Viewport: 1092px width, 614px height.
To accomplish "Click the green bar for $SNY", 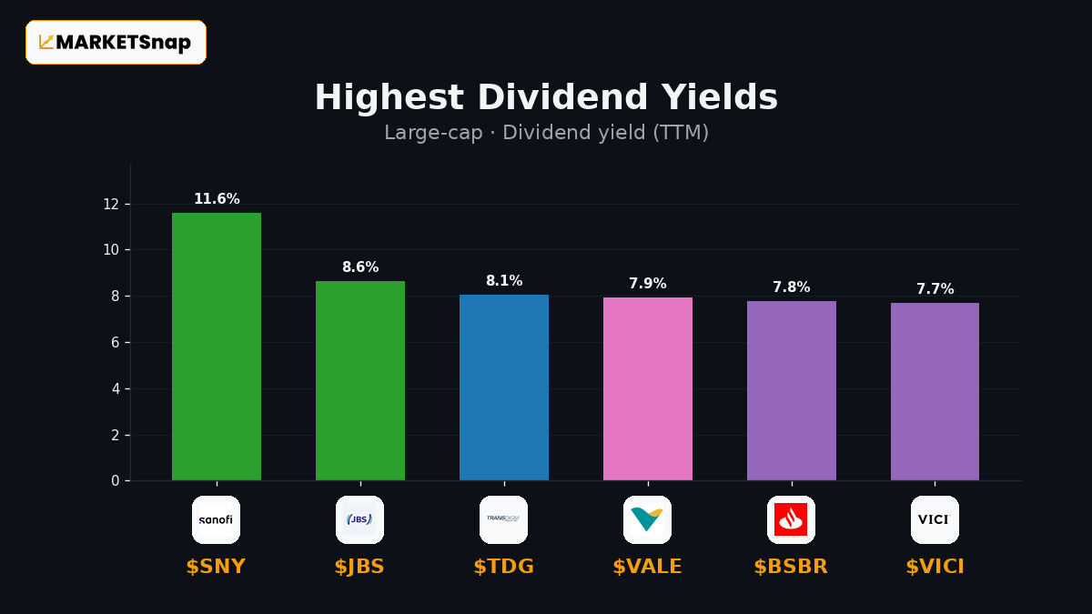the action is coord(217,347).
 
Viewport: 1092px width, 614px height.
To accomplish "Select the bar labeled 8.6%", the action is coord(360,380).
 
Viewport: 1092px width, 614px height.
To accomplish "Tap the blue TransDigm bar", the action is coord(504,388).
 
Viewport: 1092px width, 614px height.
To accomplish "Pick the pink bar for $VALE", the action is coord(648,389).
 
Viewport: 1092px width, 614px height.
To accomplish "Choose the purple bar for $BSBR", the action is coord(792,391).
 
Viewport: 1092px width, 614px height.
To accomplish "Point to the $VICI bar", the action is coord(935,392).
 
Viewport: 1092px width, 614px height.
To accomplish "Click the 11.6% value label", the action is coord(217,199).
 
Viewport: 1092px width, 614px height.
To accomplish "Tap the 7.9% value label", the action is coord(648,283).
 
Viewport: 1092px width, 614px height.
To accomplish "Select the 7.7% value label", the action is coord(935,289).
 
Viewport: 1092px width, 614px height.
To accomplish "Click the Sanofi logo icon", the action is coord(216,520).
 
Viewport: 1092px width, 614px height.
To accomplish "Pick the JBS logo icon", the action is coord(359,520).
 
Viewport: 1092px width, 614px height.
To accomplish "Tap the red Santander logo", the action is coord(791,520).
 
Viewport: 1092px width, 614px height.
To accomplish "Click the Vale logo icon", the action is coord(647,520).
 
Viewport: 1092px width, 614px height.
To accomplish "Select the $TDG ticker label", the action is coord(504,567).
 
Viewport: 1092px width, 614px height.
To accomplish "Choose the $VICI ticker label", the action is coord(935,567).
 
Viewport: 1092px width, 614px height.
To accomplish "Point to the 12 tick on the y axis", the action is coord(111,204).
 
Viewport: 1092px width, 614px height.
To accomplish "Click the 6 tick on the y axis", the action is coord(115,343).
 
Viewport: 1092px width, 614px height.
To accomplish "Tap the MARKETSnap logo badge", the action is coord(116,43).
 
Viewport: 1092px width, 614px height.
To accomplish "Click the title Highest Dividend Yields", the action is coord(547,97).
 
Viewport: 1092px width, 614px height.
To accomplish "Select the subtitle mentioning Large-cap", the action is coord(547,133).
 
